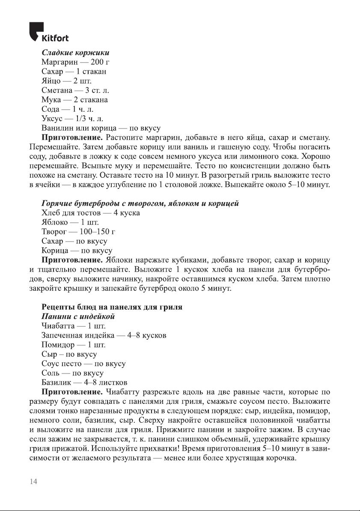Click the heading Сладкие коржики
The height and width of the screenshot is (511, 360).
75,53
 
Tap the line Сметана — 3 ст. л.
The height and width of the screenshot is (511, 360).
76,90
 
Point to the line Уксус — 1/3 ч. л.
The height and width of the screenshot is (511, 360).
72,119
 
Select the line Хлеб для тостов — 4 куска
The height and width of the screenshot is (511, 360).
90,213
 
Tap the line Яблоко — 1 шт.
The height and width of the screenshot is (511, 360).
70,222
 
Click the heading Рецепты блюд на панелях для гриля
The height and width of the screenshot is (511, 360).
112,307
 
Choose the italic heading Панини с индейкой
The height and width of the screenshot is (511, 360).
78,317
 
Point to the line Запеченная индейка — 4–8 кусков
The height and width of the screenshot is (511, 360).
104,335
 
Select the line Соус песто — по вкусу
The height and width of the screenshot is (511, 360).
83,364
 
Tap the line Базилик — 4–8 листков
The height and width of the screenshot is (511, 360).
83,383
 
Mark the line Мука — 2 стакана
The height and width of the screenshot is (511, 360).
74,100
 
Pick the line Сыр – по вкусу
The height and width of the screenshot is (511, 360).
68,354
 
